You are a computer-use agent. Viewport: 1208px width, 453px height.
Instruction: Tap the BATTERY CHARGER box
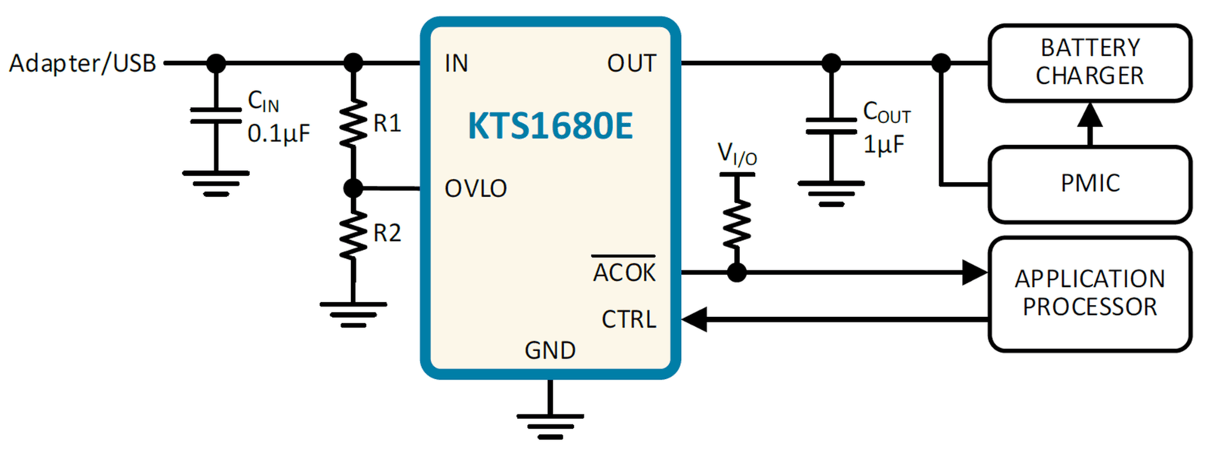(x=1090, y=63)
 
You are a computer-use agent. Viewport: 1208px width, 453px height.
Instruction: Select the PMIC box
(x=1090, y=184)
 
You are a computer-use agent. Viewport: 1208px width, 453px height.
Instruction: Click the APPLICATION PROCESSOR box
(x=1090, y=294)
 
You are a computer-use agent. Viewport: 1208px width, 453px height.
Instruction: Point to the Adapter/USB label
(x=82, y=63)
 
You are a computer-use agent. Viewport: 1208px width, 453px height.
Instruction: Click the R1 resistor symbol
(x=353, y=123)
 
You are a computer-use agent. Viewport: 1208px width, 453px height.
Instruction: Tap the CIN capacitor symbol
(x=216, y=116)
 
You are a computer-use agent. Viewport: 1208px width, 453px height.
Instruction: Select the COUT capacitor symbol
(x=831, y=125)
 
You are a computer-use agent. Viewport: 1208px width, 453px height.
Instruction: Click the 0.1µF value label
(x=279, y=133)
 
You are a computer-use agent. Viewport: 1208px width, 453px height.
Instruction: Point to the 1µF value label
(x=884, y=144)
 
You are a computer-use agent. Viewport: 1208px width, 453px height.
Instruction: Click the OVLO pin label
(x=476, y=189)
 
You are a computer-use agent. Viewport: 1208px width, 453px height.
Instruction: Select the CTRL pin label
(x=629, y=319)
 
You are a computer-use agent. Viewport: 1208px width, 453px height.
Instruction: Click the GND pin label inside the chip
(x=550, y=350)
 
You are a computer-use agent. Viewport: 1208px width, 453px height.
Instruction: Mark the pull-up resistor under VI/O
(x=737, y=223)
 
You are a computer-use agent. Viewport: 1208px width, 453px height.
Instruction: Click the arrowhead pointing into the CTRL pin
(x=694, y=319)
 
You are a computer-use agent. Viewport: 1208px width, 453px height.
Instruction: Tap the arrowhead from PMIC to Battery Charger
(x=1090, y=115)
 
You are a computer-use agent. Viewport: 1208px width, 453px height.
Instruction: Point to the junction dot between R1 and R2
(x=353, y=189)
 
